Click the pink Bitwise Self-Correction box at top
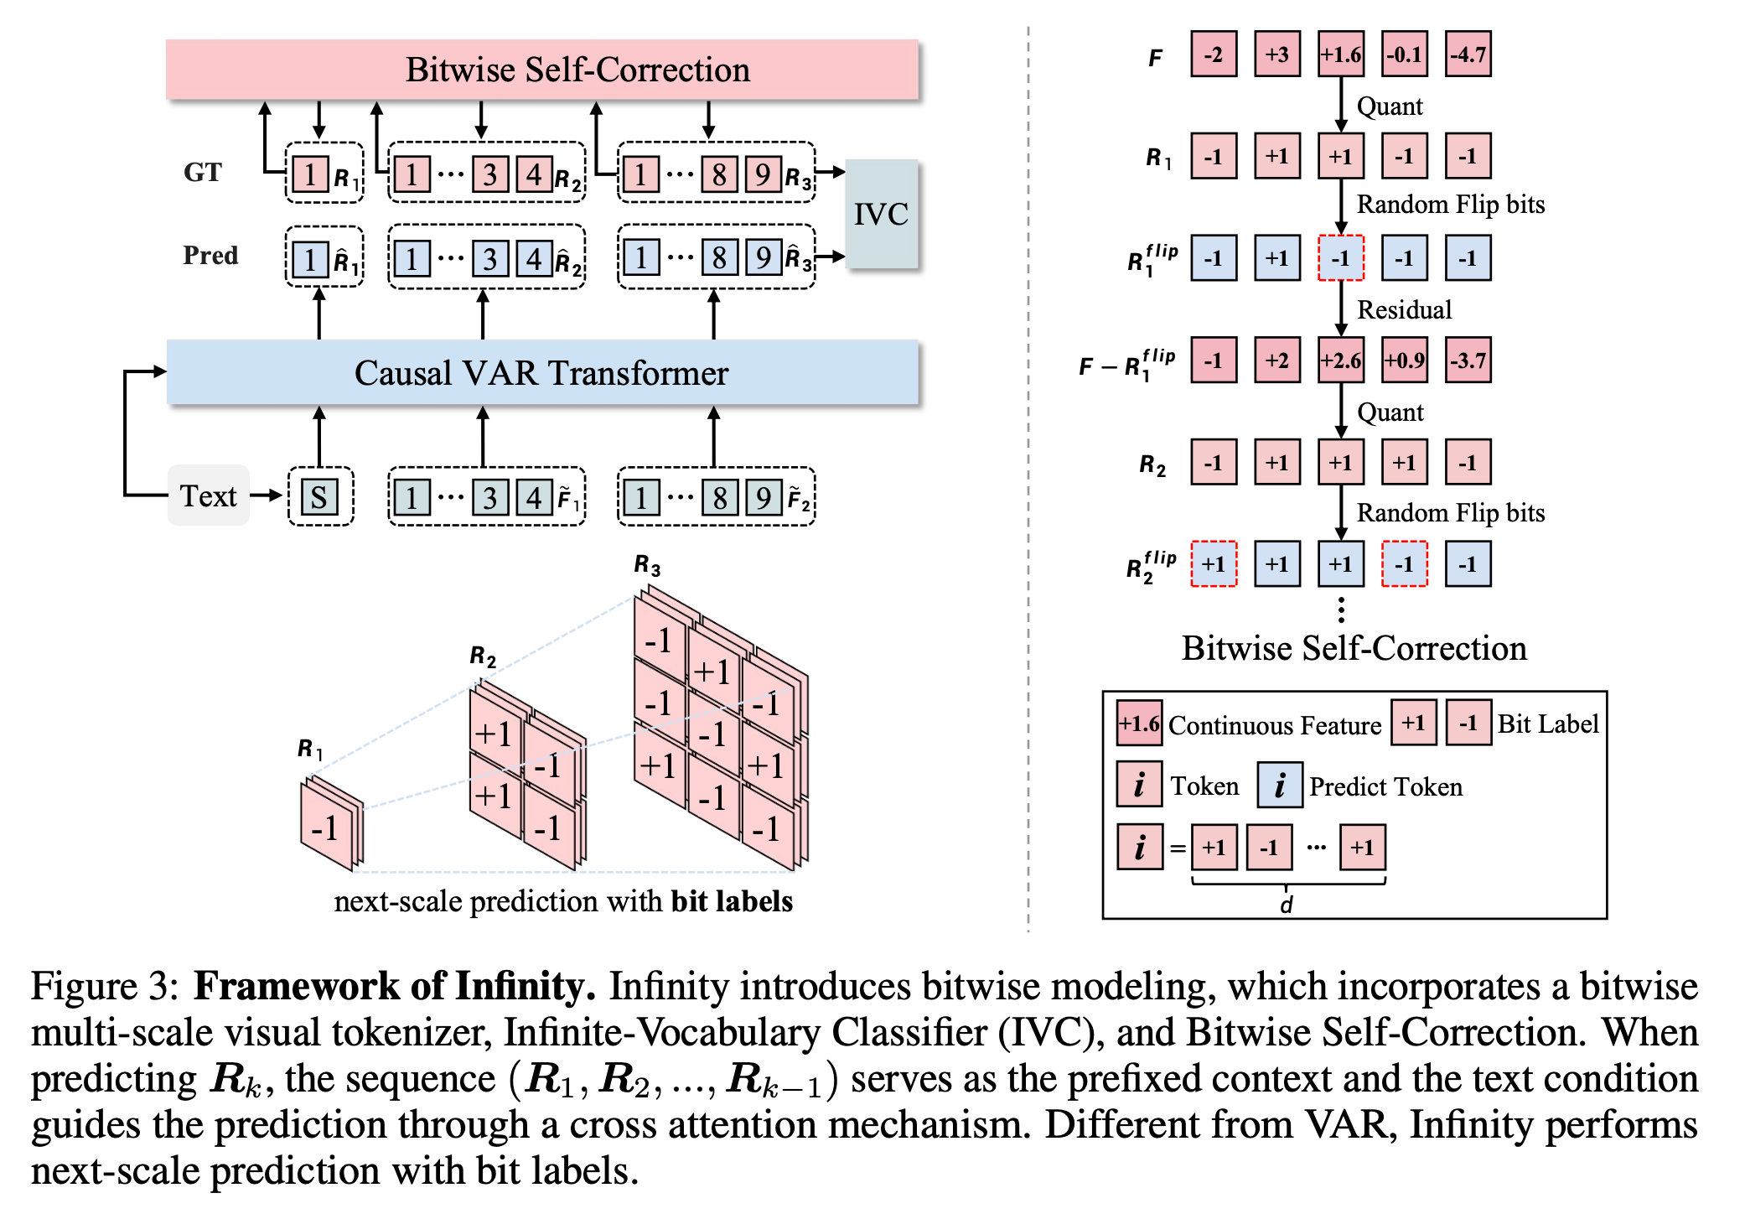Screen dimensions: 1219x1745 click(542, 70)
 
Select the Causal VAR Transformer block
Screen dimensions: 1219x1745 click(542, 373)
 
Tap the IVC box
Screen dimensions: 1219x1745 click(882, 214)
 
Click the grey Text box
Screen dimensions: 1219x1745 click(209, 495)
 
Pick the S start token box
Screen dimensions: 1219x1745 click(319, 497)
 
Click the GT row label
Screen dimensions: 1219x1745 click(203, 172)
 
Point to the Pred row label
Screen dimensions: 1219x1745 click(210, 255)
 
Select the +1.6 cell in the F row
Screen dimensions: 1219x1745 click(1341, 54)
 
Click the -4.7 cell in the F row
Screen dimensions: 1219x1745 click(1468, 54)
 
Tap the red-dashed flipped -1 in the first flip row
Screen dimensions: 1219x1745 click(1341, 258)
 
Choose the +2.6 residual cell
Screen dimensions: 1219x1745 click(1341, 361)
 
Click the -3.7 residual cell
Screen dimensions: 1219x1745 click(1468, 361)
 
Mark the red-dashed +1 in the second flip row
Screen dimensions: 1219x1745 click(1214, 564)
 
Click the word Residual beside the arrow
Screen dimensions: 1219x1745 click(1405, 310)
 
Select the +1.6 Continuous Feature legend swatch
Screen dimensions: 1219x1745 click(1139, 724)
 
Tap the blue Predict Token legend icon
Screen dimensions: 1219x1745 click(1280, 786)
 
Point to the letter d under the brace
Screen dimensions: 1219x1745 click(1287, 905)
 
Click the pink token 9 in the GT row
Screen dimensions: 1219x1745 click(763, 174)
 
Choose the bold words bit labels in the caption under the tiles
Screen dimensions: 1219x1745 click(732, 901)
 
